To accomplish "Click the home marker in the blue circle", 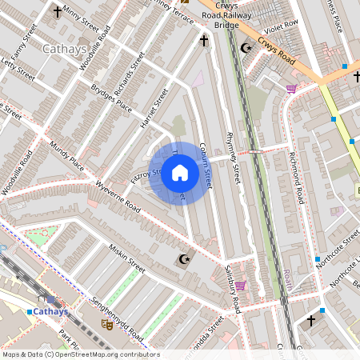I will (180, 172).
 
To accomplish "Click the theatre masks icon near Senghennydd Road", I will (106, 323).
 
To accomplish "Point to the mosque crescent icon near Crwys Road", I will (246, 49).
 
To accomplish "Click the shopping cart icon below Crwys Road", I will (290, 88).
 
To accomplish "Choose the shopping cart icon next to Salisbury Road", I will (240, 285).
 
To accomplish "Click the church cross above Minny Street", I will (58, 12).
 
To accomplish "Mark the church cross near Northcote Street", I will (311, 321).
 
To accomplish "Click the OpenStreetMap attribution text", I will (80, 354).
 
